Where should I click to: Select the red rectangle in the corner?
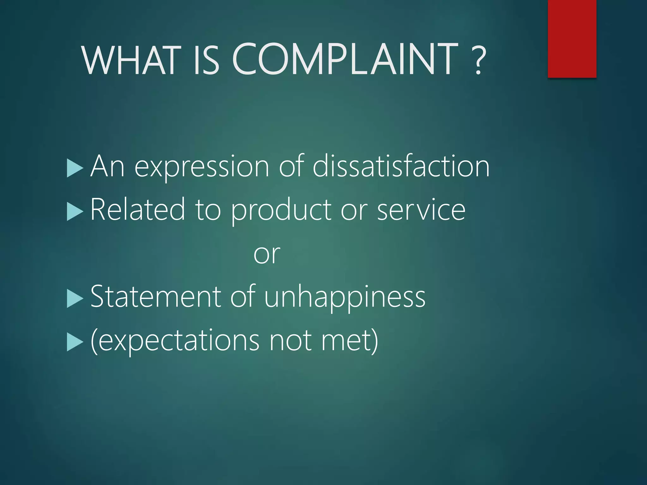tap(572, 39)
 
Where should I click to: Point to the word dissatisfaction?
tap(401, 166)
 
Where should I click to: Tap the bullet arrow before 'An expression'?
tap(75, 168)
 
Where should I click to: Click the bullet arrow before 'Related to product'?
tap(75, 212)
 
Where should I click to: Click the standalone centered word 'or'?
tap(267, 254)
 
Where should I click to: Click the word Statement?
tap(156, 297)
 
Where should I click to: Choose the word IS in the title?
tap(206, 60)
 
